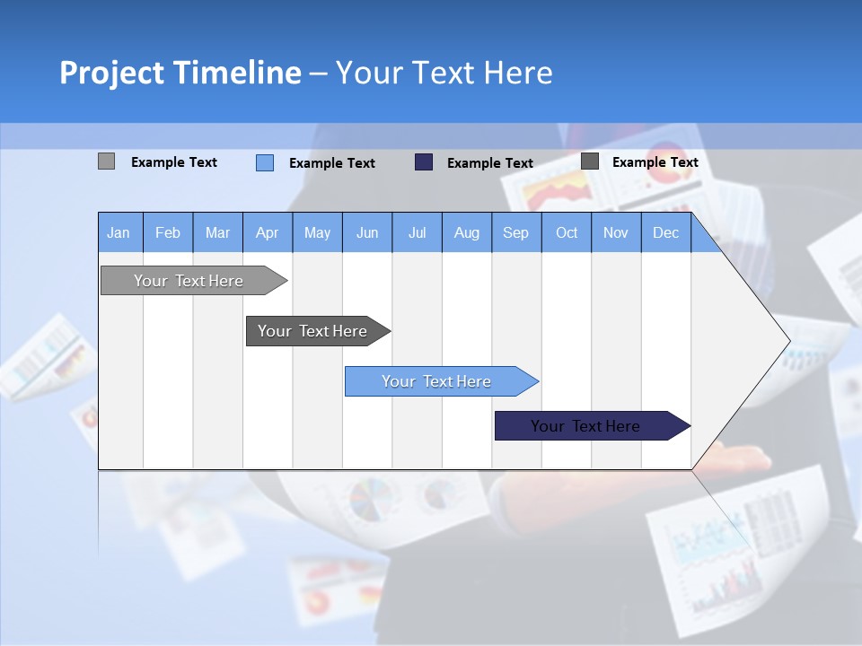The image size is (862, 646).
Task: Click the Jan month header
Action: pos(119,232)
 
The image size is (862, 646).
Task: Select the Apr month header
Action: pos(267,232)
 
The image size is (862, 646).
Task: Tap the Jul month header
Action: pos(417,232)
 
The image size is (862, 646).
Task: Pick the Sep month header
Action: pos(515,232)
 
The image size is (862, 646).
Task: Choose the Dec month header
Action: pos(665,232)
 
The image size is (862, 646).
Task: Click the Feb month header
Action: pos(168,232)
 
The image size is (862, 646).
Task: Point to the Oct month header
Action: pos(567,232)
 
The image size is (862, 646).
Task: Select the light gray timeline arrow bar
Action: pos(189,281)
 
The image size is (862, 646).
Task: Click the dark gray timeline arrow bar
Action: pos(312,331)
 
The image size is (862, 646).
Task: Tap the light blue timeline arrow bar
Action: pos(436,381)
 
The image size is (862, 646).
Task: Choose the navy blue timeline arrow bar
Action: pos(585,426)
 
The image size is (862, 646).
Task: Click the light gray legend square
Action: pos(106,161)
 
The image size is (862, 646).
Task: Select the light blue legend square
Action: pos(265,162)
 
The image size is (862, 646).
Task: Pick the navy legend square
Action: pos(424,162)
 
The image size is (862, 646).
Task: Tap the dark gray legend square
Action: pos(590,161)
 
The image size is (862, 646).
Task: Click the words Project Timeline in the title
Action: pos(180,73)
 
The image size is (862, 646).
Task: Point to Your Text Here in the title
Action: pos(444,73)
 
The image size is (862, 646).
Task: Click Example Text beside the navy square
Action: pos(490,163)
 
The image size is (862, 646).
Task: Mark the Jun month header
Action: pos(367,232)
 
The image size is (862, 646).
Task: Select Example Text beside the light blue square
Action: pos(332,163)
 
